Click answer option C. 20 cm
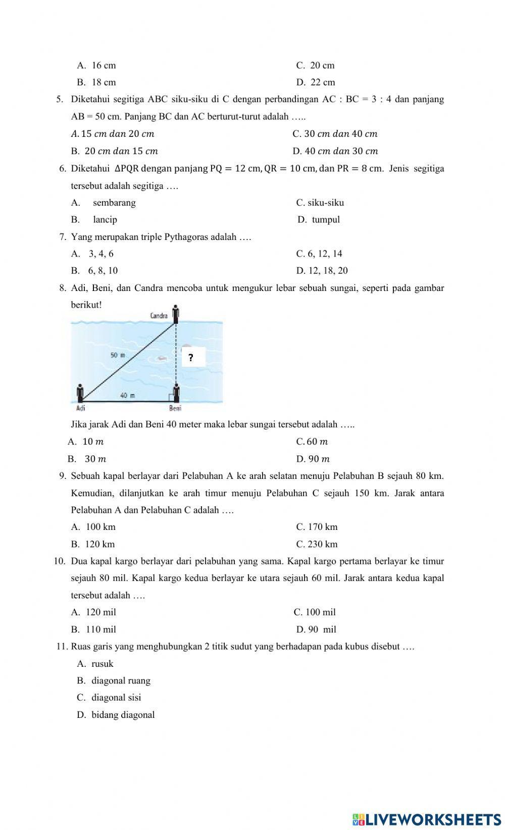pos(315,65)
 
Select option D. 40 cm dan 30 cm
pos(335,151)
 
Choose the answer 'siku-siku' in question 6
pos(320,203)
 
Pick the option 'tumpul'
pos(319,220)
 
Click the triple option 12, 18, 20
pos(322,271)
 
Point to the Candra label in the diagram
pos(159,316)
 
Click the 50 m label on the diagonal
pos(118,356)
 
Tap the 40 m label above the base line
pos(127,395)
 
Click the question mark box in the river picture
pos(191,358)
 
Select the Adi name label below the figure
pos(80,408)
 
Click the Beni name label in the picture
pos(175,408)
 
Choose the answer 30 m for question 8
pos(88,459)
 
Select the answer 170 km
pos(317,527)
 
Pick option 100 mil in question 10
pos(315,612)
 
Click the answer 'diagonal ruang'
pos(114,681)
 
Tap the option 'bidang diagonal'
pos(116,715)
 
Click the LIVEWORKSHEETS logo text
pos(427,819)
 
